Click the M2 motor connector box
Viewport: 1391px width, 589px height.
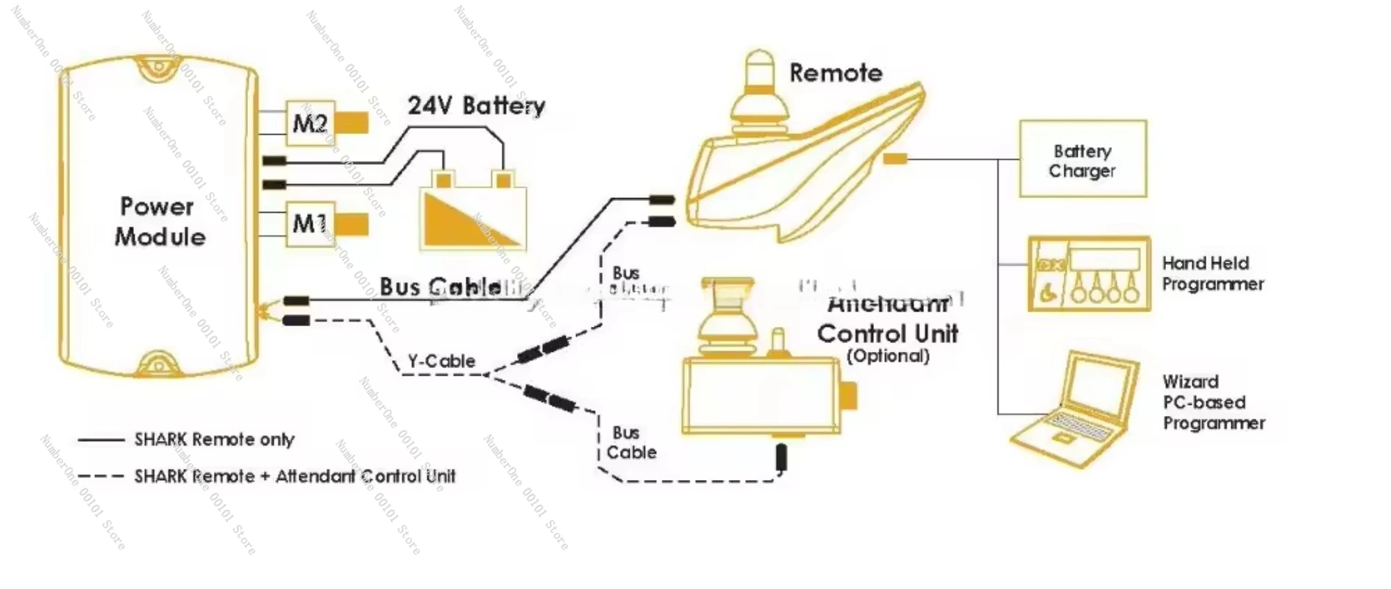coord(310,123)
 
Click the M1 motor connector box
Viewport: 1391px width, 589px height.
coord(310,223)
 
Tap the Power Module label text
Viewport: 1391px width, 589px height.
coord(159,221)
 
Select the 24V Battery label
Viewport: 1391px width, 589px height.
coord(476,106)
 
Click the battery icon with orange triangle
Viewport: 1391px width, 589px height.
coord(473,214)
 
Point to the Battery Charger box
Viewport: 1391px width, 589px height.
coord(1082,159)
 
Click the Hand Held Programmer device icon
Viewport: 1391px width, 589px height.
coord(1089,273)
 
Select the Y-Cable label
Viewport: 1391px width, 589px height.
coord(441,361)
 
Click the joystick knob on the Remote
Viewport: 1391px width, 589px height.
coord(758,70)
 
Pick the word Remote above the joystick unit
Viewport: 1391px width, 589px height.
coord(835,73)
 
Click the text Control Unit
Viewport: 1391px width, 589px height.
coord(887,334)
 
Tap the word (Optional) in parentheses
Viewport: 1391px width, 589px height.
coord(887,356)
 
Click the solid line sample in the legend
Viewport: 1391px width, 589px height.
coord(101,440)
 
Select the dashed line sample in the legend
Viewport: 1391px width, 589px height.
coord(101,476)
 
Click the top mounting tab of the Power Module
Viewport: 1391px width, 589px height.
coord(157,66)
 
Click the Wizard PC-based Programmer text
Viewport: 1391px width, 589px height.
coord(1213,402)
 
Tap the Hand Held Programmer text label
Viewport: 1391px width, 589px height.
coord(1212,273)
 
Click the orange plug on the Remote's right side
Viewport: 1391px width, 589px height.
coord(894,158)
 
